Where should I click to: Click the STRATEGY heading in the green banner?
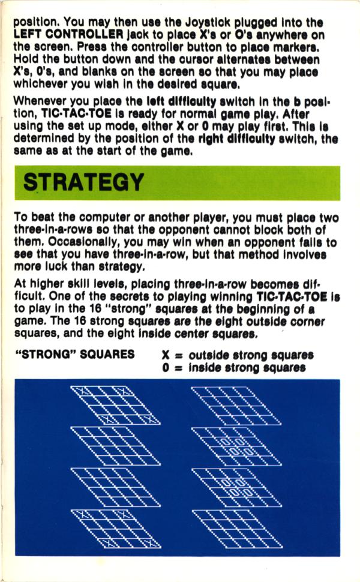83,182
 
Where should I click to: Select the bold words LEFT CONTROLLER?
68,35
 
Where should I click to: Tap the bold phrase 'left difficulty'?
181,101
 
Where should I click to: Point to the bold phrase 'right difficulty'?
237,139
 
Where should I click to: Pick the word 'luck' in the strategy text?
55,266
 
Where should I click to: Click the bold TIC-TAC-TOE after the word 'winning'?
292,296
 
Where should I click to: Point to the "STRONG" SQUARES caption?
74,354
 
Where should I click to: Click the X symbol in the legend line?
166,355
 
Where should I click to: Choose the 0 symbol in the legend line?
166,368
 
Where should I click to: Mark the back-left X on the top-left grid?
83,391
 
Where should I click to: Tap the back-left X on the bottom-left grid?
83,514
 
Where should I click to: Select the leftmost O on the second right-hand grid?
226,442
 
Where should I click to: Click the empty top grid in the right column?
236,406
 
